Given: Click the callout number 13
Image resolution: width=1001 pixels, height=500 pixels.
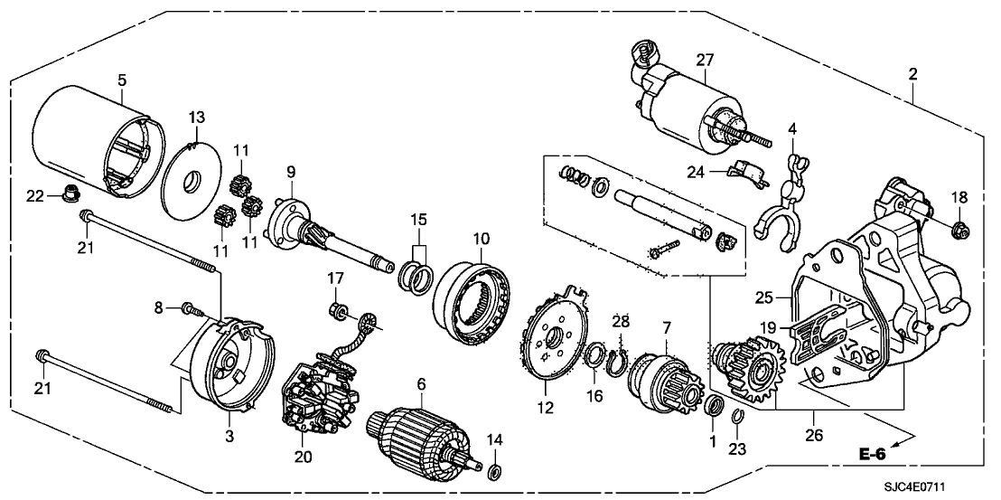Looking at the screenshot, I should click(197, 118).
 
